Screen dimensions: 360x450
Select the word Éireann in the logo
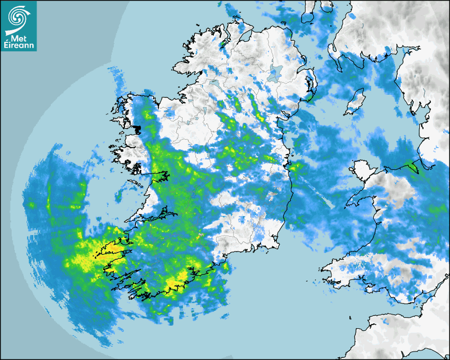point(18,46)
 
